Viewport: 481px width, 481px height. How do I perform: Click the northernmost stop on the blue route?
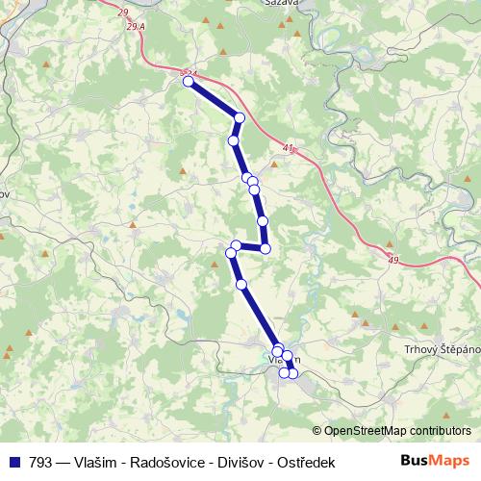click(189, 82)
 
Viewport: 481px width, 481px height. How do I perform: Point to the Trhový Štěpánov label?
click(439, 349)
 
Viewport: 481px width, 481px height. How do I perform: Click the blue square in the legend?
click(13, 462)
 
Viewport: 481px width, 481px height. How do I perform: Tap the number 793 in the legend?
click(40, 463)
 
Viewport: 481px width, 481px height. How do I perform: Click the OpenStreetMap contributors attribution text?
click(397, 431)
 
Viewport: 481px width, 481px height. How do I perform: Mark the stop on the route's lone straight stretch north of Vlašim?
click(241, 284)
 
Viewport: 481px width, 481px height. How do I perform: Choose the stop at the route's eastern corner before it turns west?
click(266, 249)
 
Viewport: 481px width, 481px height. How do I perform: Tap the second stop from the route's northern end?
click(240, 118)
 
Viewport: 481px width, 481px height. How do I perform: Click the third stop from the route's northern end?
click(233, 141)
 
